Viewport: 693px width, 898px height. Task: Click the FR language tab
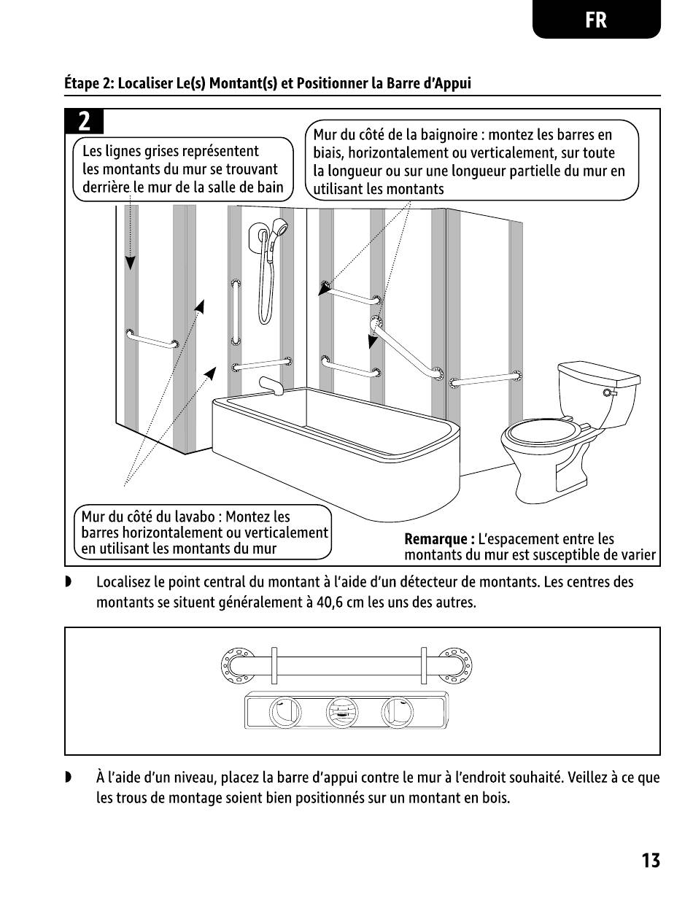coord(596,20)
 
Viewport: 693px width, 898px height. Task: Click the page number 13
coord(651,861)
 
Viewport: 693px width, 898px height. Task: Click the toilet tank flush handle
coord(607,393)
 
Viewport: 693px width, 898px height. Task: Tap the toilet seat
coord(544,433)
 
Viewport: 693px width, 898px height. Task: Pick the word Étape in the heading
coord(82,83)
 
